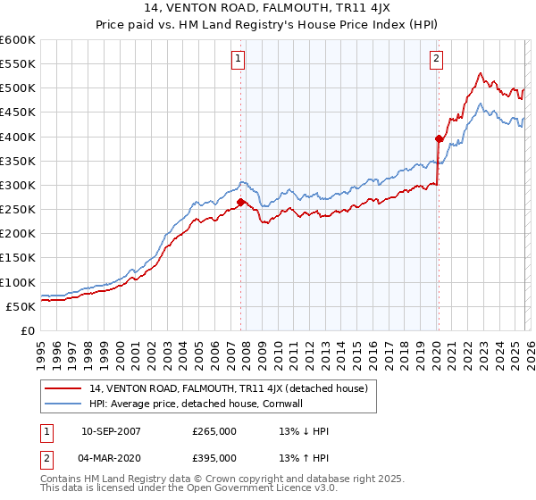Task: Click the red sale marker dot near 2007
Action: click(241, 202)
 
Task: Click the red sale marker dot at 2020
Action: click(439, 138)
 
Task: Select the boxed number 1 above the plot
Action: click(239, 60)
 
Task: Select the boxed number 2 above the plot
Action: click(437, 60)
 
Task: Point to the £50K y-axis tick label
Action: click(21, 306)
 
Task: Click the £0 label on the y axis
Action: click(29, 330)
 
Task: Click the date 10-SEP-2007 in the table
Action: click(111, 431)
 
